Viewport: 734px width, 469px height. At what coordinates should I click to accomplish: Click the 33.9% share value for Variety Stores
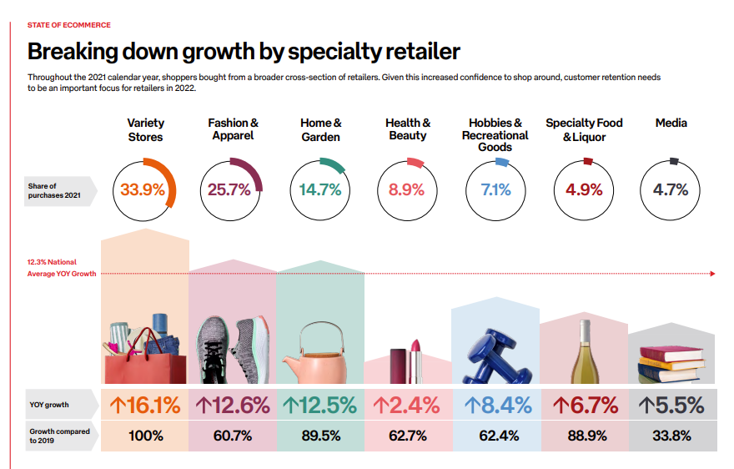coord(143,189)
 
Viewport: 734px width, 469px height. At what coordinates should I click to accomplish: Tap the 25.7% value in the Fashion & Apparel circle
coord(229,189)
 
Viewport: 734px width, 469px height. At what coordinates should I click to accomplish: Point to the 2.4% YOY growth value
coord(407,406)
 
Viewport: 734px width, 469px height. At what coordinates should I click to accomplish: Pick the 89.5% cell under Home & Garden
coord(320,435)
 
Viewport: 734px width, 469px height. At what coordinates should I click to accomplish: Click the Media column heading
coord(671,123)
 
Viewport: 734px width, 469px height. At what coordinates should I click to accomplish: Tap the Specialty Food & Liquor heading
coord(584,129)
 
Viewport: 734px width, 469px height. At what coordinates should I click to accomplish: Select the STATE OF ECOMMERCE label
coord(68,26)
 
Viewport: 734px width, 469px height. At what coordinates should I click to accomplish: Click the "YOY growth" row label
coord(48,406)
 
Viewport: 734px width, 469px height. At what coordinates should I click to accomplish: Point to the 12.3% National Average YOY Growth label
coord(61,268)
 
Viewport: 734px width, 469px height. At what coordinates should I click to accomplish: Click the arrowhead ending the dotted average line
coord(712,273)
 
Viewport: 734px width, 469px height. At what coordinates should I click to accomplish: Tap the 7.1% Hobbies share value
coord(495,189)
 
